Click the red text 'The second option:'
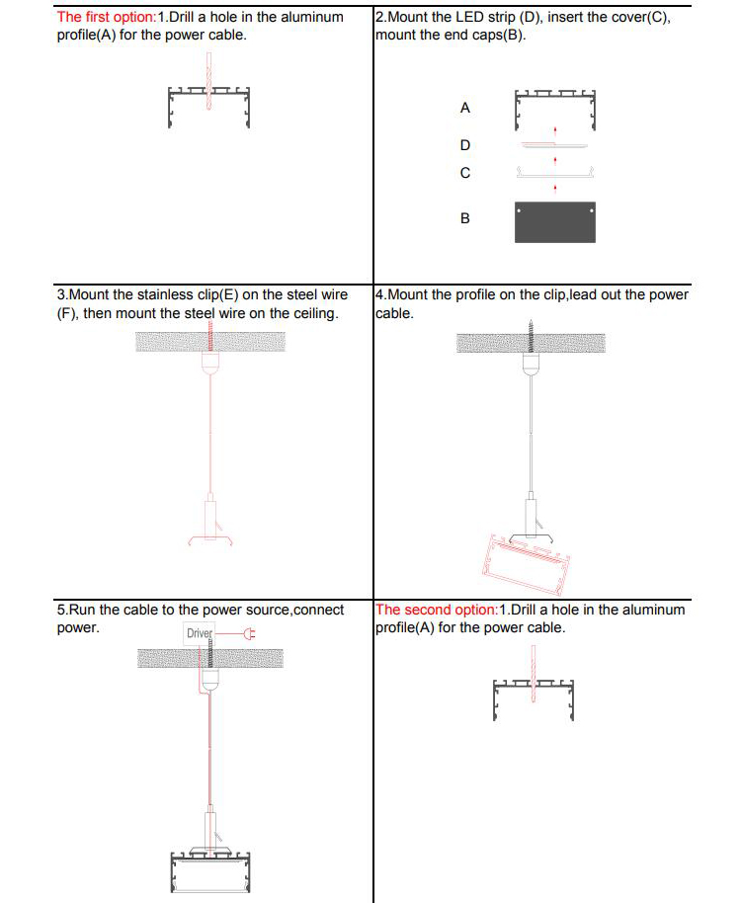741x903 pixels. tap(437, 610)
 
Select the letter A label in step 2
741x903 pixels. tap(465, 108)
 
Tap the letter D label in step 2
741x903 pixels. tap(465, 145)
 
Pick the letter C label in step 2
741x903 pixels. tap(465, 173)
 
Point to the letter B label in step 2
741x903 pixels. tap(465, 218)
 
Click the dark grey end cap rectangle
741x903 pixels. tap(555, 222)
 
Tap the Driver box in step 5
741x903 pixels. tap(200, 633)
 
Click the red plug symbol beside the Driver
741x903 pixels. tap(249, 633)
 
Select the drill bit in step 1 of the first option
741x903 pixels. tap(208, 79)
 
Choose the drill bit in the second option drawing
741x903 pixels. tap(534, 672)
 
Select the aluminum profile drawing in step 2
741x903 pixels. tap(555, 109)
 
